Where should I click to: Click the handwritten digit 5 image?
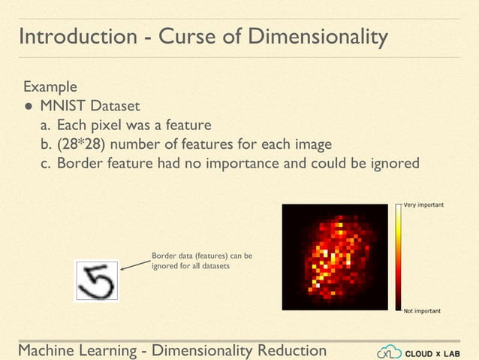96,280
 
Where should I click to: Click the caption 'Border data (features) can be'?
202,256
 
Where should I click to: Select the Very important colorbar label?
423,205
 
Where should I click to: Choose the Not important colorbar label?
422,310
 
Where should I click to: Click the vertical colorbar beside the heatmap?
398,257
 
